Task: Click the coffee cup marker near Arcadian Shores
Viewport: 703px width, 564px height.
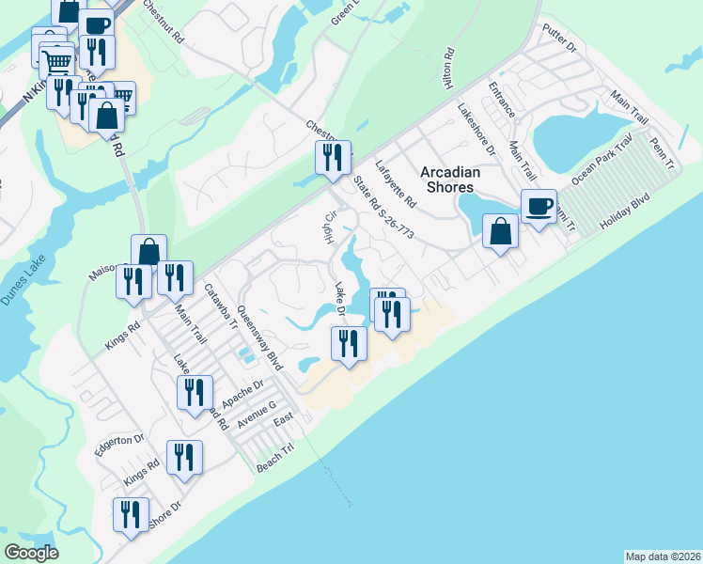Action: click(x=539, y=207)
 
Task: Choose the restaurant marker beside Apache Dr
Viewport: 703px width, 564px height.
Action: click(x=195, y=392)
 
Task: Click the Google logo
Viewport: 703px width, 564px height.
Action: click(x=32, y=553)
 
